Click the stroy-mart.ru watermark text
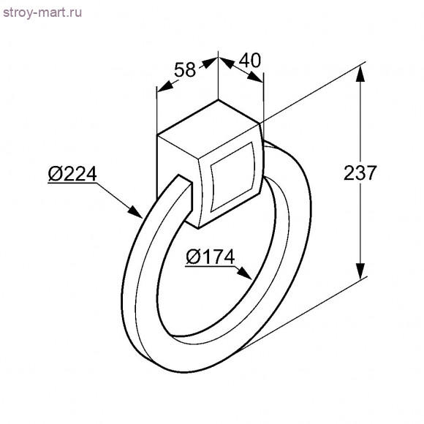click(x=42, y=12)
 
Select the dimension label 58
click(x=185, y=69)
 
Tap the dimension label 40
click(x=250, y=60)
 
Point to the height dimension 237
click(x=360, y=173)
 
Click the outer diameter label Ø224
click(x=72, y=173)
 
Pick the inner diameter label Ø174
click(x=210, y=257)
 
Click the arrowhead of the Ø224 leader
click(x=135, y=212)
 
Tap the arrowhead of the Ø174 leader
click(x=244, y=273)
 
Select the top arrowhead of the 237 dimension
click(x=360, y=74)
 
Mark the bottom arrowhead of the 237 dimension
click(x=360, y=271)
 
